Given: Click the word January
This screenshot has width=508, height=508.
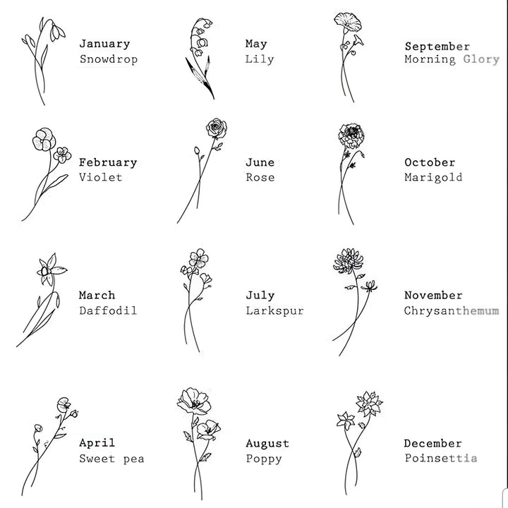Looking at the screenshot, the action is click(x=104, y=44).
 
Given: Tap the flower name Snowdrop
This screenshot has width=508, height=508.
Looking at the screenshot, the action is click(x=109, y=59).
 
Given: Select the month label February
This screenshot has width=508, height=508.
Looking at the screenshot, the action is click(x=108, y=163).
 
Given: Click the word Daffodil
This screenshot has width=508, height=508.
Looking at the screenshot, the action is click(x=108, y=310).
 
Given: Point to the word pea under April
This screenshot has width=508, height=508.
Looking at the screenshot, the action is click(x=134, y=459).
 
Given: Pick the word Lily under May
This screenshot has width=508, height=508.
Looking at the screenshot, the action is click(x=260, y=59).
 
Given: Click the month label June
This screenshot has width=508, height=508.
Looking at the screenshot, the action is click(x=260, y=162).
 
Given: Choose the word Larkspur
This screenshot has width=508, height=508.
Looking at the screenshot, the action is click(x=274, y=311).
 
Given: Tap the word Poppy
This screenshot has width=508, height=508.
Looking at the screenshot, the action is click(x=264, y=459).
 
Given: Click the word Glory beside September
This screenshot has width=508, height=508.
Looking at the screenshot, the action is click(x=481, y=59).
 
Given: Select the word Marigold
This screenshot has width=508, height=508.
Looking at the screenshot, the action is click(x=433, y=178).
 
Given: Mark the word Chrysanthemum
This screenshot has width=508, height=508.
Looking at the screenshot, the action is click(x=452, y=311).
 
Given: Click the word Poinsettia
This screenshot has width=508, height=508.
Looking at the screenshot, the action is click(x=441, y=459).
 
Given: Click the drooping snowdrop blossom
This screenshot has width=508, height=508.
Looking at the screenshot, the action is click(x=57, y=32).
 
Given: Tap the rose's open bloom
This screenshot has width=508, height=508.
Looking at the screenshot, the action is click(x=217, y=128).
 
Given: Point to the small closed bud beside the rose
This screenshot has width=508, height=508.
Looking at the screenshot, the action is click(x=197, y=150).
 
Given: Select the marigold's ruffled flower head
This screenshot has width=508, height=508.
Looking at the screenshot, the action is click(x=351, y=135).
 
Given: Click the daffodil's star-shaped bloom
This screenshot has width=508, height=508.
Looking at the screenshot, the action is click(x=52, y=270).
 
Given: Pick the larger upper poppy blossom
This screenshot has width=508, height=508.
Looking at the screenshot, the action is click(x=194, y=401).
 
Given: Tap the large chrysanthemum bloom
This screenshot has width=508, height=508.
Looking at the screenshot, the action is click(x=348, y=262).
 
